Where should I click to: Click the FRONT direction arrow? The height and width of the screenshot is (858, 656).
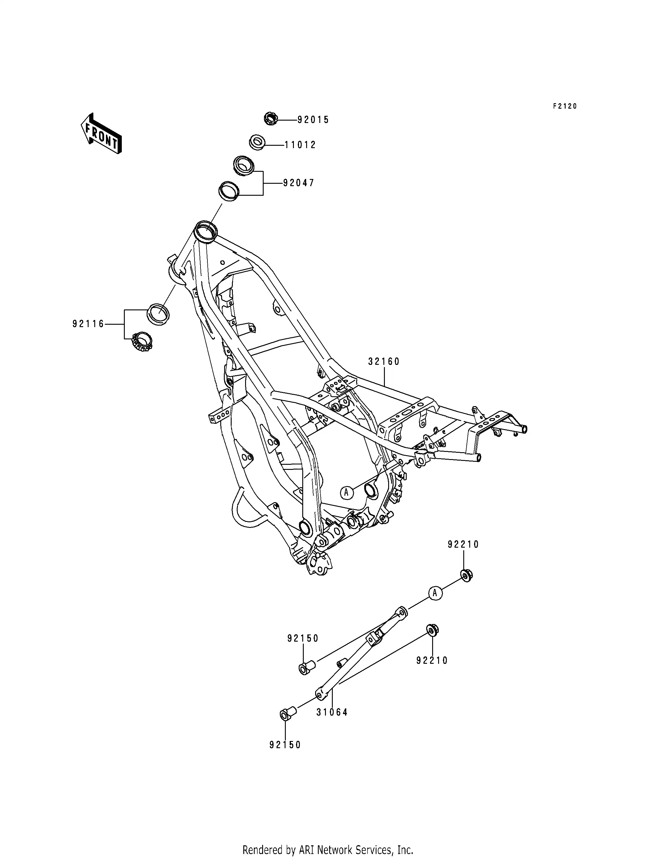[x=101, y=133]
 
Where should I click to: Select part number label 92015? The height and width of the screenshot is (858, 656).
[x=313, y=120]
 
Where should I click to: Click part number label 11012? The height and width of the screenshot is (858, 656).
[x=300, y=145]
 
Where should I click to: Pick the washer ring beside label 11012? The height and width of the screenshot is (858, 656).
[x=257, y=142]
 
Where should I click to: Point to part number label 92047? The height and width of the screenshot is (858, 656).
[x=299, y=183]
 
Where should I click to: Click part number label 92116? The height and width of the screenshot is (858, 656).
[x=89, y=324]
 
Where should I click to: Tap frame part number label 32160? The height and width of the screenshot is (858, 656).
[x=384, y=362]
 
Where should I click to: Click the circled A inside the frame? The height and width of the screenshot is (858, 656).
[x=346, y=493]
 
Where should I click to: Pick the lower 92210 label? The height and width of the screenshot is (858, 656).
[x=432, y=660]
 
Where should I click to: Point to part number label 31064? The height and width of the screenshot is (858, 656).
[x=332, y=712]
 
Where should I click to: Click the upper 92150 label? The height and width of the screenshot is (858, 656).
[x=303, y=639]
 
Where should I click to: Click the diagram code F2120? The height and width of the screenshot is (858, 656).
[x=564, y=106]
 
